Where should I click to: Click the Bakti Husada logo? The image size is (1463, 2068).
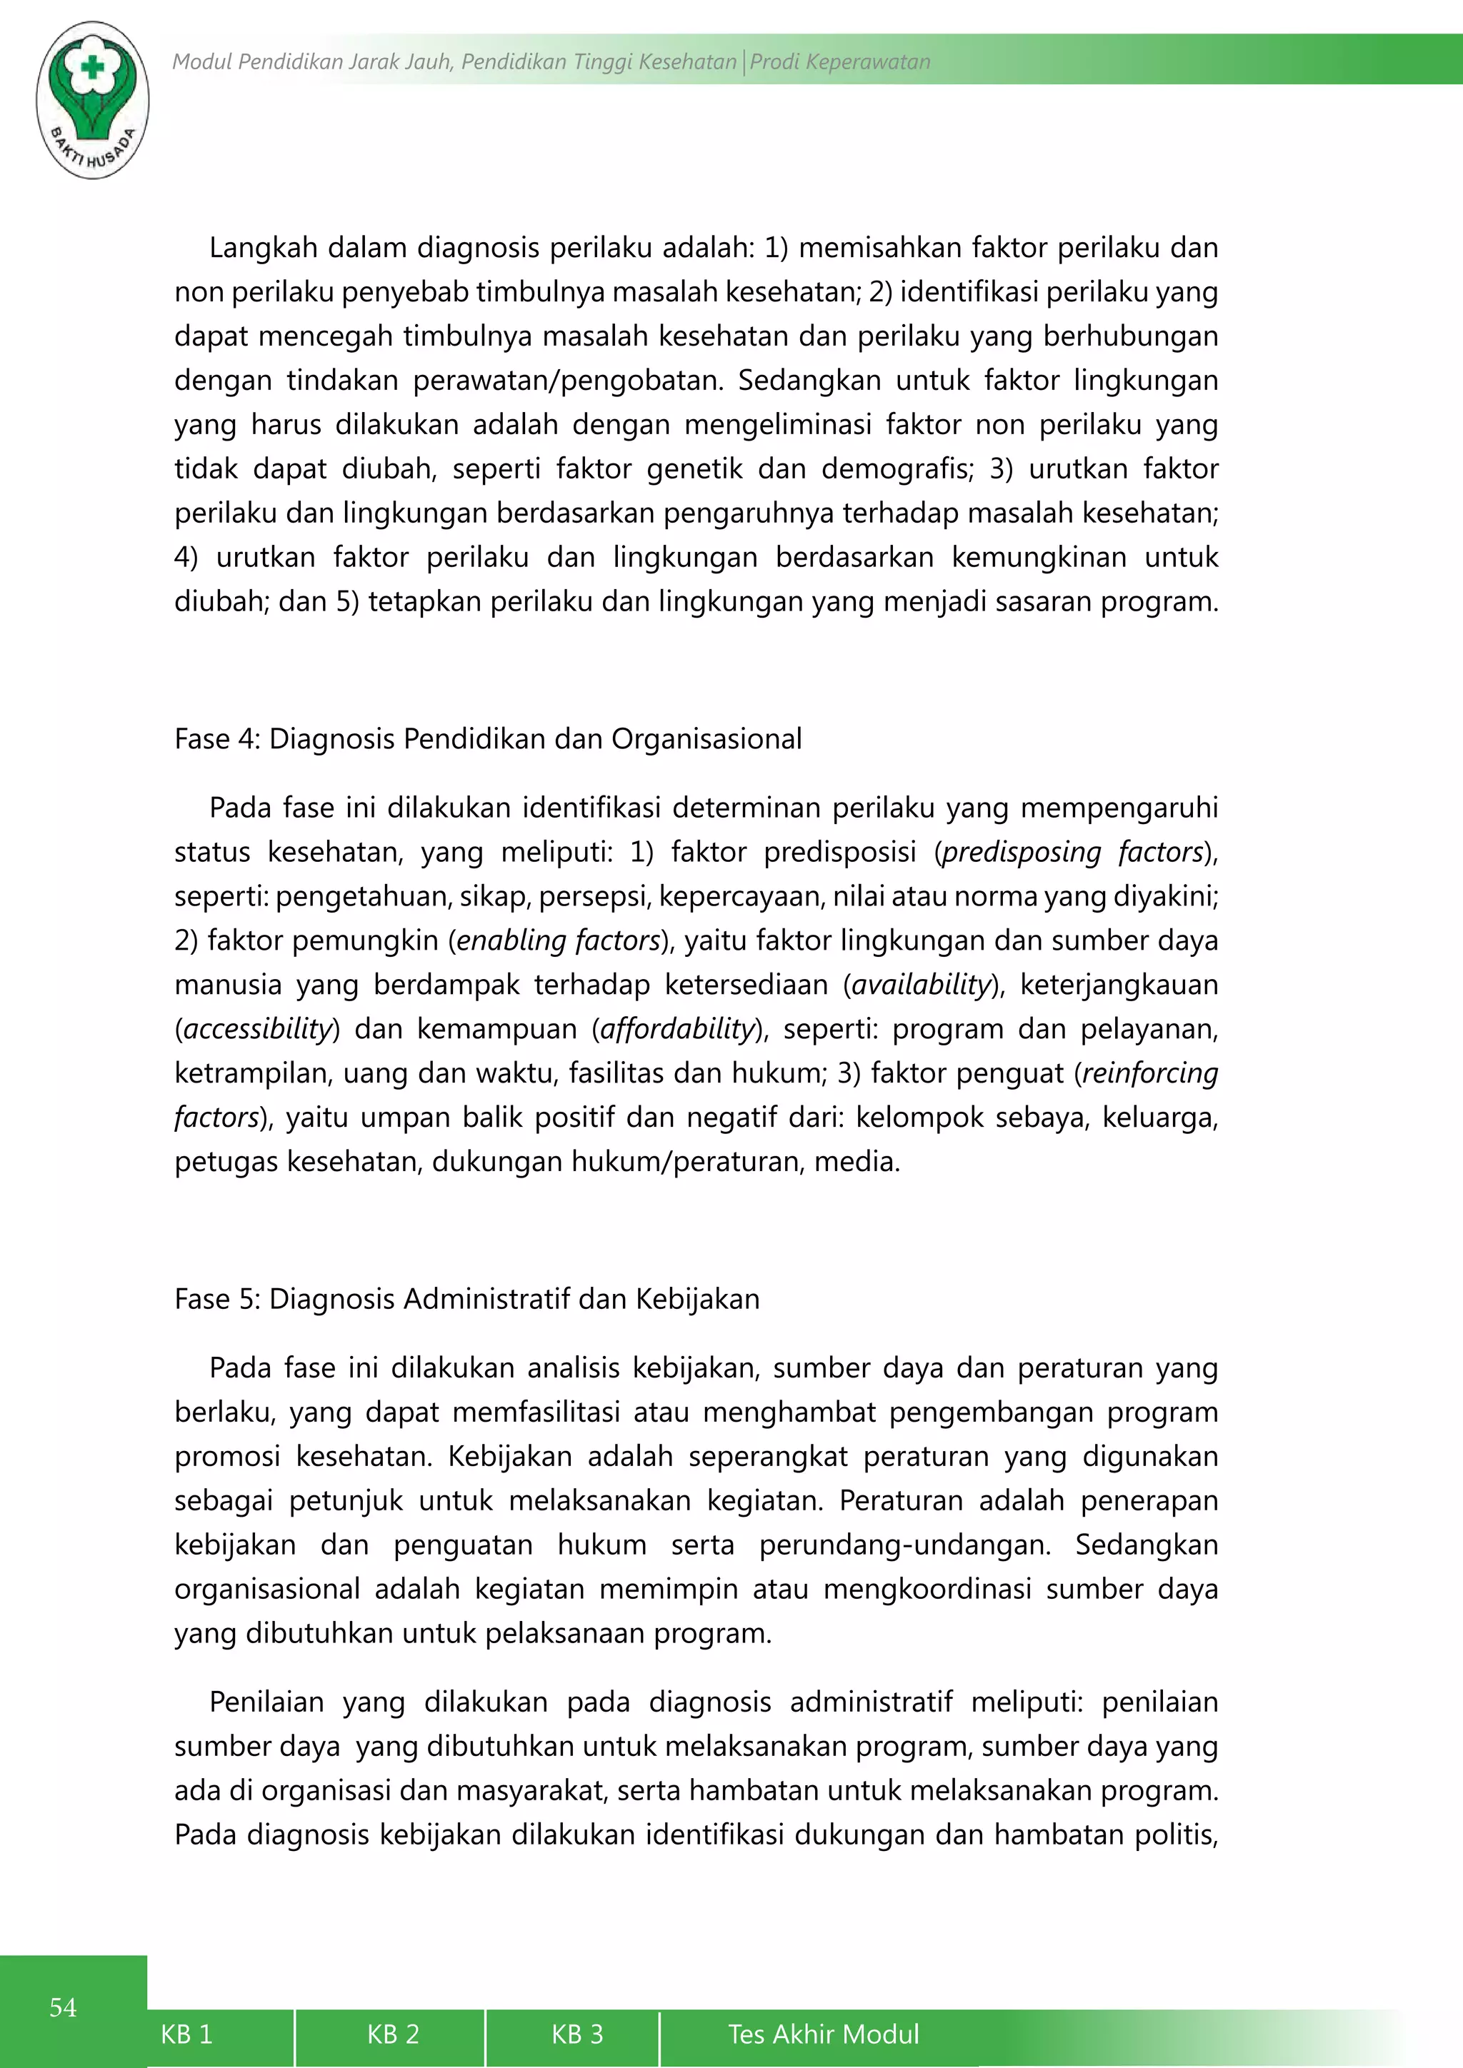pos(93,100)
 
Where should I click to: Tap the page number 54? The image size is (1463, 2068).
pos(63,2007)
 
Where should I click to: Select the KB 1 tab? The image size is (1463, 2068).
pos(186,2034)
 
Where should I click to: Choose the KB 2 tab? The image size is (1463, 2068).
pos(393,2034)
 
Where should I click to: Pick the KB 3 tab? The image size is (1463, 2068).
pos(576,2034)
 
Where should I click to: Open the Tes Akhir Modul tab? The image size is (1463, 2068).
pos(824,2034)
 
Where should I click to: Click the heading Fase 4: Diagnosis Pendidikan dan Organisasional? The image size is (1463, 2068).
pos(487,738)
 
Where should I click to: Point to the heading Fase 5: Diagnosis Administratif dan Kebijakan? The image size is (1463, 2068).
pos(466,1299)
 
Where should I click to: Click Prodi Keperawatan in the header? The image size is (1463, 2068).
pos(839,61)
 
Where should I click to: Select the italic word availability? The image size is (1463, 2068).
pos(921,985)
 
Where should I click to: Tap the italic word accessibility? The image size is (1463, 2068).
pos(258,1028)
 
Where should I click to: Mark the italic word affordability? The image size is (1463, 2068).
pos(676,1028)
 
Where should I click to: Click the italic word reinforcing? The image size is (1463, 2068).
pos(1149,1073)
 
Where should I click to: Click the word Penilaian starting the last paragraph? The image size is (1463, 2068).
pos(266,1702)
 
